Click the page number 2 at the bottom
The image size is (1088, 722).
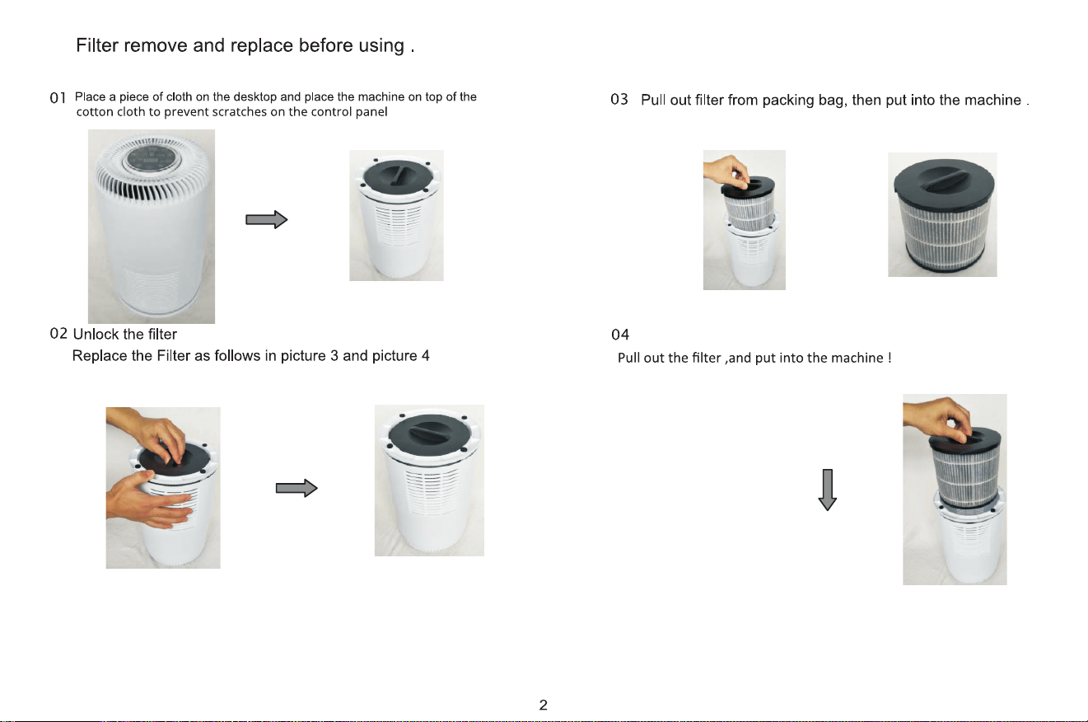pos(543,705)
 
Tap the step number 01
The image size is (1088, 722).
pos(58,98)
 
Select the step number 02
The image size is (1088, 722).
pos(58,334)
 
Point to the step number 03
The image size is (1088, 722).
pos(619,99)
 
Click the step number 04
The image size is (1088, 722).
pos(619,335)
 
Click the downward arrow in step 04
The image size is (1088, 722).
pos(827,490)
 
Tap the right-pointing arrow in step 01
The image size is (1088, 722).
pos(267,219)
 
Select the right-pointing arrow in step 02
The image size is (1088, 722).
pos(297,488)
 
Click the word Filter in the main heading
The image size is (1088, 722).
pos(97,45)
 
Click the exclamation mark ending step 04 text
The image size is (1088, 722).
pos(890,358)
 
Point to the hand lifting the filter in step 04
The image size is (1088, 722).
pos(937,418)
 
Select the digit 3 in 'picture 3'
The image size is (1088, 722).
pos(334,355)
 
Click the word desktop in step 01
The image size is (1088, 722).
pos(254,96)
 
